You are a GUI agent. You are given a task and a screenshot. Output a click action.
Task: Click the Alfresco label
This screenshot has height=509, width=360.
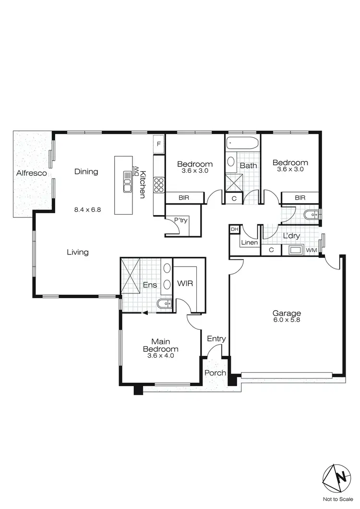click(31, 173)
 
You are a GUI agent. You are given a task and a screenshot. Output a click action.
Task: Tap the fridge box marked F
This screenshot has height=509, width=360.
click(158, 143)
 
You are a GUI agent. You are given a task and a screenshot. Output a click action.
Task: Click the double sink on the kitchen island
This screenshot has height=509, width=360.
click(127, 182)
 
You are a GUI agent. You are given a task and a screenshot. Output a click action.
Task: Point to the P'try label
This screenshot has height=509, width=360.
click(180, 220)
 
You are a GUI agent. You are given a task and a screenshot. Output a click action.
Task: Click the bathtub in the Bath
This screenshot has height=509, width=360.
click(242, 143)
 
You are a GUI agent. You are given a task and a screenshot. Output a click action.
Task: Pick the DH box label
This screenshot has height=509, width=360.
click(234, 230)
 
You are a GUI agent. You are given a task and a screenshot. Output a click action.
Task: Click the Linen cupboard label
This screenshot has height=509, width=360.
click(249, 243)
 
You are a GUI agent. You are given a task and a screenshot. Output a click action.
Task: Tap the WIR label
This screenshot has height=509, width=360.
click(185, 283)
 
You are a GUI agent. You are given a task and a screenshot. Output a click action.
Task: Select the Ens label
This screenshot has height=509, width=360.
click(150, 285)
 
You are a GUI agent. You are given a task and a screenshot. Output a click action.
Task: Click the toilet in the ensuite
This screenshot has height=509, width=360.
click(164, 303)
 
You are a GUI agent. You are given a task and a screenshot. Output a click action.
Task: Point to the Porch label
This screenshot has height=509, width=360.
click(215, 373)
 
